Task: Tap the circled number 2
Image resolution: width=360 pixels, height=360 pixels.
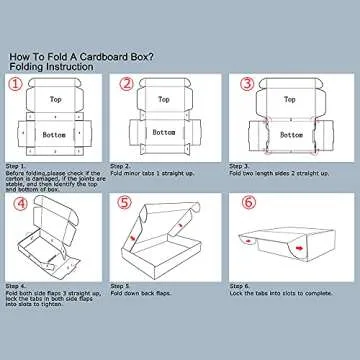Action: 126,86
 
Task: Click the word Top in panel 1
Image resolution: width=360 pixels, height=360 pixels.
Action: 56,100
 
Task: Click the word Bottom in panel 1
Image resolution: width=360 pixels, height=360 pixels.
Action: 56,133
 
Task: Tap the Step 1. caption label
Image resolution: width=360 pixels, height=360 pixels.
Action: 16,166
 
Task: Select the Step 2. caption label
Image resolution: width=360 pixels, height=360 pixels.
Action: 121,166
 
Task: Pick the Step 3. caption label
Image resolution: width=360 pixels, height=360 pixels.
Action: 239,166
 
